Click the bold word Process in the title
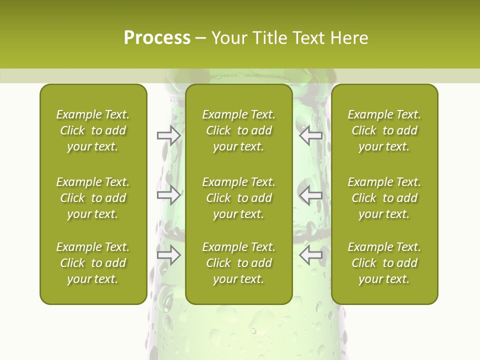(157, 38)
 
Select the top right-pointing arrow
(169, 135)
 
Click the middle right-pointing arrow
(169, 195)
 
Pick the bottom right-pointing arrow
(169, 255)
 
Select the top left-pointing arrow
(310, 135)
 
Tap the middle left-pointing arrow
(310, 195)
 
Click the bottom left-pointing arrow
(310, 255)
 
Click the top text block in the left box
(93, 130)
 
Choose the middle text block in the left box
(93, 198)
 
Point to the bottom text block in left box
(93, 263)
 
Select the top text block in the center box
(238, 130)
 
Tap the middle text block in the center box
(238, 198)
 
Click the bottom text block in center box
(238, 263)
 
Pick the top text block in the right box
(384, 130)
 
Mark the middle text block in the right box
(384, 198)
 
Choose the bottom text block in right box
(384, 263)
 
